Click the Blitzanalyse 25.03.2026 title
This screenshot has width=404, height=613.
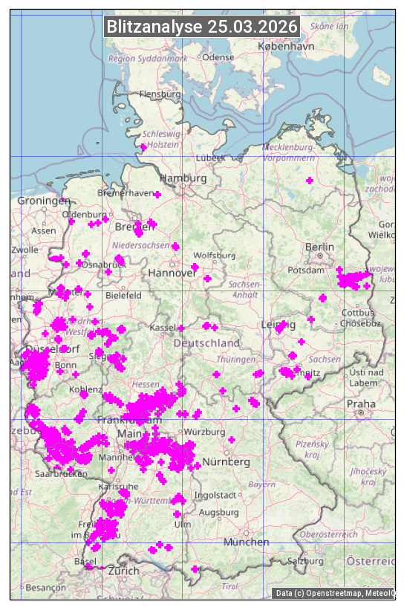202,27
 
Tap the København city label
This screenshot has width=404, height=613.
286,46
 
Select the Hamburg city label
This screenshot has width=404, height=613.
183,178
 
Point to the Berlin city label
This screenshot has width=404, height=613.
319,247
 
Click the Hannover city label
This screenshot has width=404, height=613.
172,273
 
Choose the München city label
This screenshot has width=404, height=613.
247,542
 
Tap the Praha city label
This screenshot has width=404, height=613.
361,403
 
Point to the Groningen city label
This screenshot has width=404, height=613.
43,201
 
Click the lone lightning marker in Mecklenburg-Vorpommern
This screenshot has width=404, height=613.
310,181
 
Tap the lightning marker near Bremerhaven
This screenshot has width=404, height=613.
157,195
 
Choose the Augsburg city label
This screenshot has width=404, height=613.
220,512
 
